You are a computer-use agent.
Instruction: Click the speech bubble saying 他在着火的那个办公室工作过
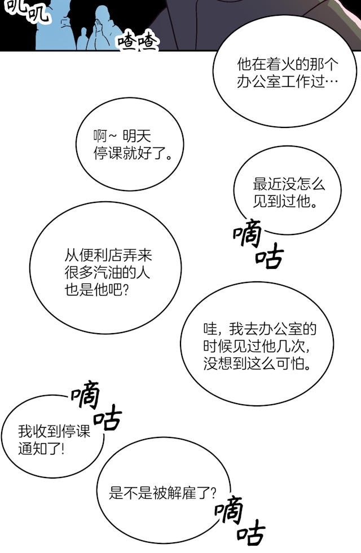pos(285,72)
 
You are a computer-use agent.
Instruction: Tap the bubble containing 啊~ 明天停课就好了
pos(130,144)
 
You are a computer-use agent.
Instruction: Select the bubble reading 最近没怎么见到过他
pos(287,191)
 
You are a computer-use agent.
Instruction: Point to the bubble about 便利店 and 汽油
pos(105,268)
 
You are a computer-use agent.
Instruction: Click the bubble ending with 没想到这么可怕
pos(257,344)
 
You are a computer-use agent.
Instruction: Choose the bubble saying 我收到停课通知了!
pos(53,437)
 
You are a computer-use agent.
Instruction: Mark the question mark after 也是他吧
pos(126,290)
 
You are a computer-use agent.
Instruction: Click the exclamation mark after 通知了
pos(63,449)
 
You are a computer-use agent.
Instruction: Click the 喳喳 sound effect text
pos(138,41)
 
